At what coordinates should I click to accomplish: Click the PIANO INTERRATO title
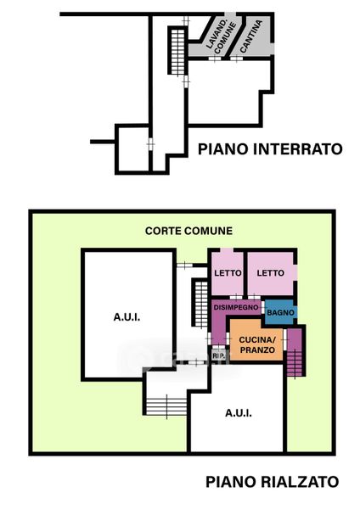(270, 149)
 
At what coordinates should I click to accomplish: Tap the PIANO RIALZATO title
(273, 482)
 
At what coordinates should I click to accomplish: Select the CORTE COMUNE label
(188, 231)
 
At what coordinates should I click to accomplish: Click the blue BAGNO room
(280, 312)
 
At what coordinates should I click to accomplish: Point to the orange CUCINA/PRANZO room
(256, 341)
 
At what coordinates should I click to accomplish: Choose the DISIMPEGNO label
(236, 307)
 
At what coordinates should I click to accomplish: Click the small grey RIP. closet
(218, 355)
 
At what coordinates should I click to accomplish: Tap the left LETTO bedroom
(228, 273)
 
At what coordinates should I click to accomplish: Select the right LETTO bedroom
(272, 273)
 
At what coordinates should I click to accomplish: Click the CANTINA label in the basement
(250, 36)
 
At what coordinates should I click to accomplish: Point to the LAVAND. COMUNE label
(221, 36)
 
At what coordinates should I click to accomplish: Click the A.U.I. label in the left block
(127, 316)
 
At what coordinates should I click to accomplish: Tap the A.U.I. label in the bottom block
(239, 413)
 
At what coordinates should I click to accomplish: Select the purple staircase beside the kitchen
(295, 361)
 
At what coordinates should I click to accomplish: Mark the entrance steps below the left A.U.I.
(166, 406)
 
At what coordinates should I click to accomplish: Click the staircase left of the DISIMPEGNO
(201, 304)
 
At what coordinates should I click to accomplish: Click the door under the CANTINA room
(236, 59)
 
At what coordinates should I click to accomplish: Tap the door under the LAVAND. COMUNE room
(215, 59)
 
